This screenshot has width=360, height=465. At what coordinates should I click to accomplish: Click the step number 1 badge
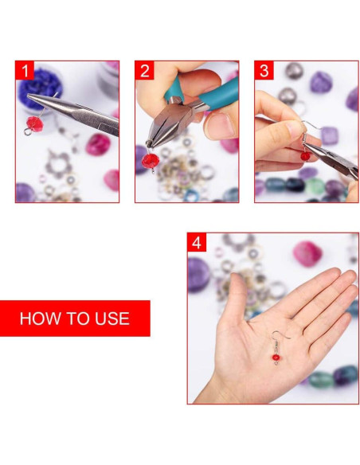(x=25, y=71)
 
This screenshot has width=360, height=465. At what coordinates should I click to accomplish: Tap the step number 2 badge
(x=145, y=71)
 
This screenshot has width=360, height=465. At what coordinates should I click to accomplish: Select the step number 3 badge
(x=264, y=71)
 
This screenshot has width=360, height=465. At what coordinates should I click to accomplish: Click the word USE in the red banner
(x=108, y=318)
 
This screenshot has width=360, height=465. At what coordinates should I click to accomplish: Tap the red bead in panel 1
(x=33, y=123)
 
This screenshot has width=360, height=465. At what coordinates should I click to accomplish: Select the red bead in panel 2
(x=150, y=162)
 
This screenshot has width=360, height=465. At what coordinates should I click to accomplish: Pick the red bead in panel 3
(x=305, y=155)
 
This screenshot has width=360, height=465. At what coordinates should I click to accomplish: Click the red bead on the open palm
(x=276, y=359)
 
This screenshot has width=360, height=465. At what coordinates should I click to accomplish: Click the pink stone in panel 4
(x=307, y=252)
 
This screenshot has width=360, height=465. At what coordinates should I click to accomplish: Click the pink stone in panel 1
(x=98, y=144)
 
